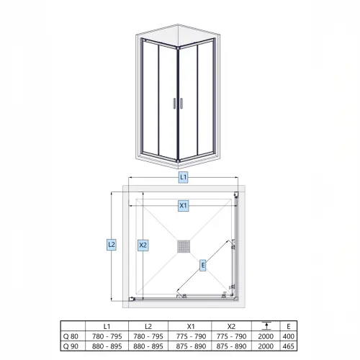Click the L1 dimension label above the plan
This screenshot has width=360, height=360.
[x=183, y=177]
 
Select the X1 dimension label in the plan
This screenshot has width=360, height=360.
[x=183, y=206]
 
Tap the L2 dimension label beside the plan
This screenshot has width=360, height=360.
[x=112, y=245]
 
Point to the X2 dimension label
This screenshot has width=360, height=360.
[x=143, y=246]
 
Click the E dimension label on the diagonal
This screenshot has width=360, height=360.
[x=203, y=266]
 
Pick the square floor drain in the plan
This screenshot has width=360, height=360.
[x=184, y=246]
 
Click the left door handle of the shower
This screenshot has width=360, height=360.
[x=174, y=104]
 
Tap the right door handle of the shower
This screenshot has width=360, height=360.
[x=181, y=104]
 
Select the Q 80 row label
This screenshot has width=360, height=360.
[x=71, y=336]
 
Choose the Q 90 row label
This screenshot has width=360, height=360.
[x=71, y=346]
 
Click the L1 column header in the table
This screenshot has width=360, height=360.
[x=107, y=326]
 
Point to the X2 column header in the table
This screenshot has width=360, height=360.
[x=231, y=326]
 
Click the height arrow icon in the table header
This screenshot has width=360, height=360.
[x=266, y=325]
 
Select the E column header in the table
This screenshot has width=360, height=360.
[x=289, y=326]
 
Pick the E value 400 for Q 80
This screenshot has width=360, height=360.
[x=289, y=336]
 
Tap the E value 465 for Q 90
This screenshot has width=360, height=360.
[x=289, y=346]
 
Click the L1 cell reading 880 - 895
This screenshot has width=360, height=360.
[x=107, y=346]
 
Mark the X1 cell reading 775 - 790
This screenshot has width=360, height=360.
[x=191, y=336]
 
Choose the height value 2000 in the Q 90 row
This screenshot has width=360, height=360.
[x=266, y=346]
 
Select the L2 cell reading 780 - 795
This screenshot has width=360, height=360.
[x=148, y=336]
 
